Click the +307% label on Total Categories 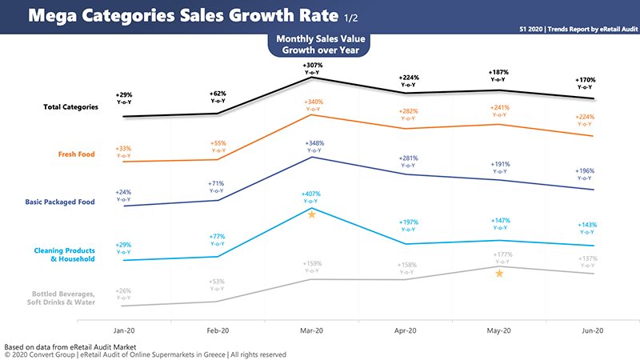[312, 64]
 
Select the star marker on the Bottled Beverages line [499, 274]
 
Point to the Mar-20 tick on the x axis [312, 330]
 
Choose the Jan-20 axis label [123, 330]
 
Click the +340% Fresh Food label [312, 102]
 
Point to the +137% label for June [588, 259]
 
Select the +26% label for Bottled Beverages [123, 290]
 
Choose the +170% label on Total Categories [588, 80]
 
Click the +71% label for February [218, 184]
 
